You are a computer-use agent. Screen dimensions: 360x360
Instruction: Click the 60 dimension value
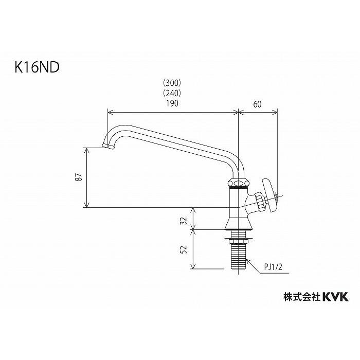pyautogui.click(x=258, y=103)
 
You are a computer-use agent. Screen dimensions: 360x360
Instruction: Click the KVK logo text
pyautogui.click(x=335, y=296)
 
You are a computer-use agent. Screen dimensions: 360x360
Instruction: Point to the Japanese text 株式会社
pyautogui.click(x=302, y=297)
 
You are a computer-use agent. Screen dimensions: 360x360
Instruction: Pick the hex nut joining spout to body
pyautogui.click(x=238, y=183)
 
